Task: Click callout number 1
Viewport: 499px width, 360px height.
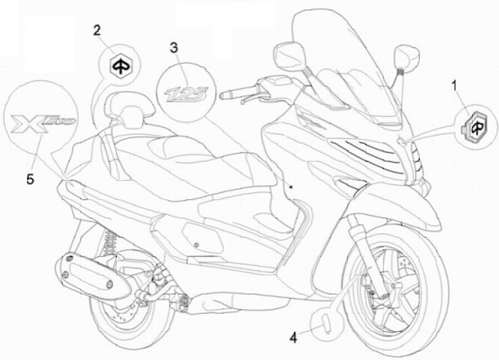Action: point(454,86)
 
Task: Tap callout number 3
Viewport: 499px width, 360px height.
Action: point(175,48)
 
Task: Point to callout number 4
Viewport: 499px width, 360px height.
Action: point(294,338)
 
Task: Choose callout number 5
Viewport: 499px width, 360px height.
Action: point(30,179)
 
